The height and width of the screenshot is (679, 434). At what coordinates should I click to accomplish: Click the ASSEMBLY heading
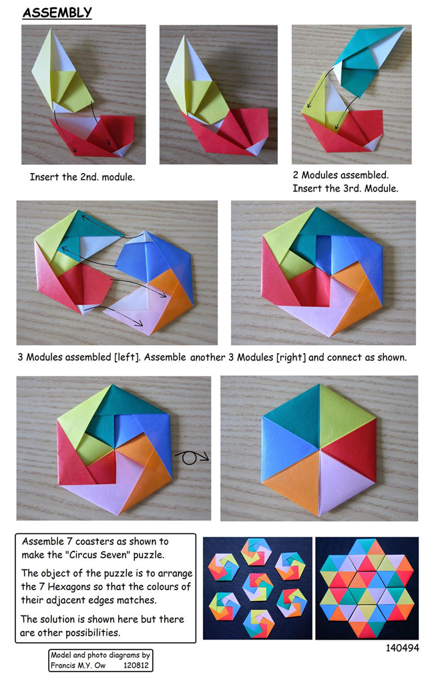(x=57, y=12)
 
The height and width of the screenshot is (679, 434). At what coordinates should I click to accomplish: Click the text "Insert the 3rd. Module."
(x=345, y=188)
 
